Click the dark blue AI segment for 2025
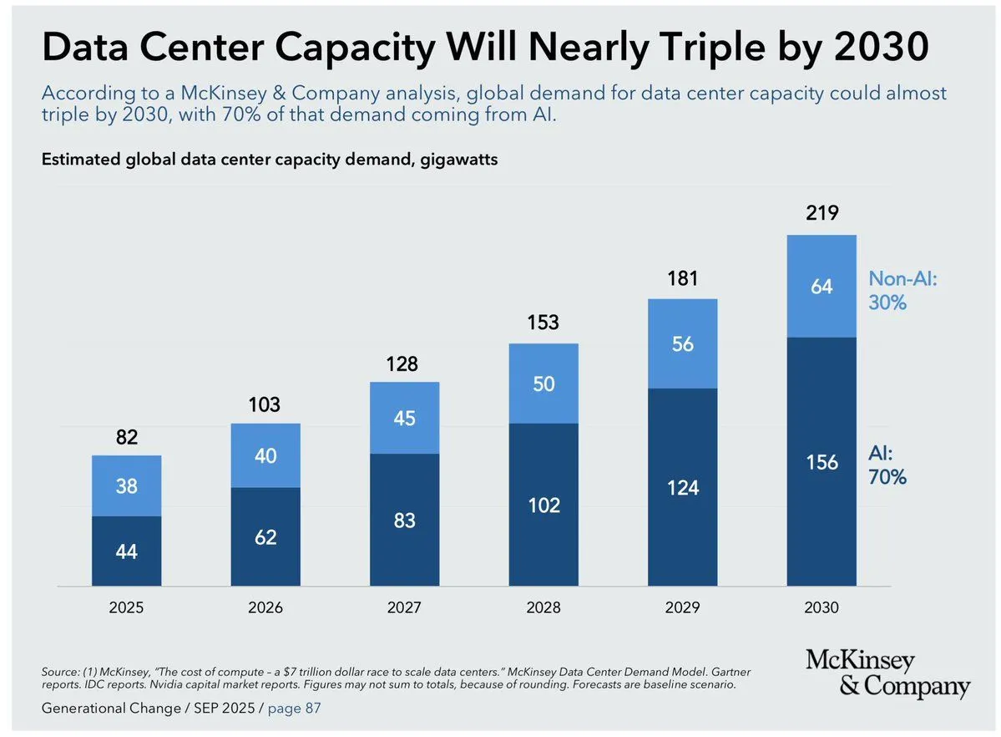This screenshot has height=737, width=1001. pos(126,551)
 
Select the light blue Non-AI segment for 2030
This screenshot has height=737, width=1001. pos(822,286)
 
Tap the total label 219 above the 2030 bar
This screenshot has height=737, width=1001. pos(822,213)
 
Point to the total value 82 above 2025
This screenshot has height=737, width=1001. pos(126,437)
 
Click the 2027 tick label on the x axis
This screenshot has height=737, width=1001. pos(404,607)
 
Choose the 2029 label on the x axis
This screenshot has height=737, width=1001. pos(682,607)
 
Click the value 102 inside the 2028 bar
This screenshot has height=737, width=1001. pos(543,505)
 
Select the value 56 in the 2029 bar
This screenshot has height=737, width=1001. pos(682,343)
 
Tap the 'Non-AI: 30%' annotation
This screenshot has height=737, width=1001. pos(903,290)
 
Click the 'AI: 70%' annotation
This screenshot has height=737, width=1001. pos(887,465)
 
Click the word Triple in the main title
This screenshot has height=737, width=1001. pos(725,48)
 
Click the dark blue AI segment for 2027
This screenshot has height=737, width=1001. pos(404,519)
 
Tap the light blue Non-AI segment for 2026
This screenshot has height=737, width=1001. pos(265,455)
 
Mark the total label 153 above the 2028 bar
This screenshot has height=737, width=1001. pos(543,323)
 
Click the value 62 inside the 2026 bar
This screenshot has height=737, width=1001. pos(265,537)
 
